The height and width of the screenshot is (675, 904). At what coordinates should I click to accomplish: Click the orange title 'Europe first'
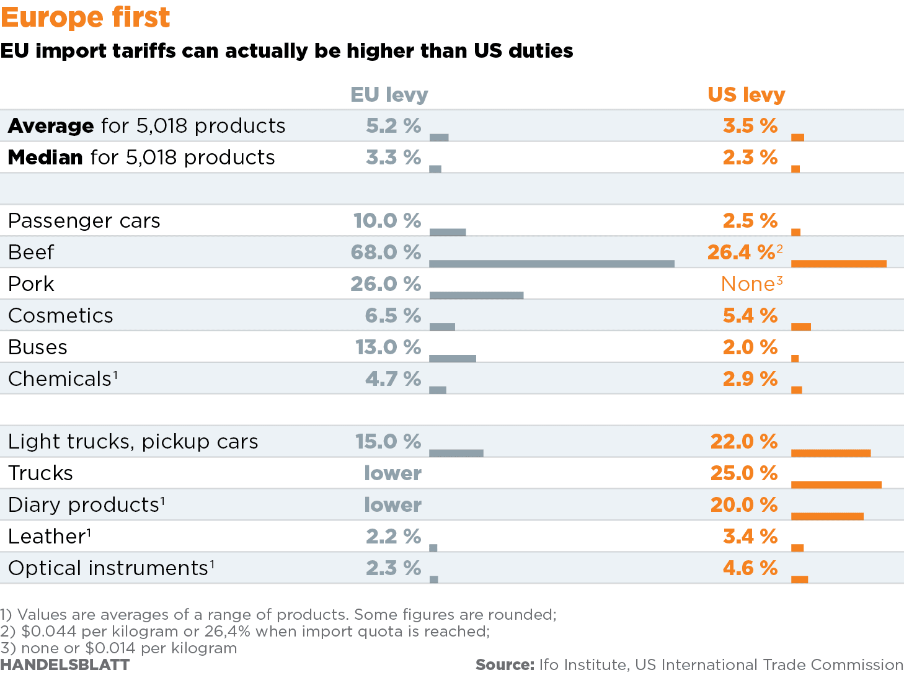click(x=86, y=17)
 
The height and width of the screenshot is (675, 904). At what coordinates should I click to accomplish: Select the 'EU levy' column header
click(x=389, y=95)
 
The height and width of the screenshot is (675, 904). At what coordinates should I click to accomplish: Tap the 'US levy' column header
click(x=746, y=95)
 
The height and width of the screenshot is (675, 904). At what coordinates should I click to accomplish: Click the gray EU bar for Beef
click(x=551, y=264)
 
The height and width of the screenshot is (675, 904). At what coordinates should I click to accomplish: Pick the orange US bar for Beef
click(x=838, y=264)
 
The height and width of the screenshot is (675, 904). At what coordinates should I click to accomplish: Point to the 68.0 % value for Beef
click(x=385, y=253)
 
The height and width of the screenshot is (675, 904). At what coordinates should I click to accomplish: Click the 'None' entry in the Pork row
click(x=748, y=284)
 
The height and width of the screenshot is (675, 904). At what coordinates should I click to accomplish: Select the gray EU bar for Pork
click(x=476, y=295)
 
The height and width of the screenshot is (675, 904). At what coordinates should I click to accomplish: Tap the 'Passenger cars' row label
click(x=84, y=221)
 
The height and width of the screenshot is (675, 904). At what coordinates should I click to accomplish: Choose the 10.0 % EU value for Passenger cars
click(x=387, y=221)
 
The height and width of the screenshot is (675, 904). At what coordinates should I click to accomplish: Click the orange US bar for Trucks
click(x=836, y=485)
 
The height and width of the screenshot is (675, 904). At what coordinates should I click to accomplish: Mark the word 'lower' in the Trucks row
click(x=392, y=473)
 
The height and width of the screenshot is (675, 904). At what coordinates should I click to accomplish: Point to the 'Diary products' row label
click(x=84, y=505)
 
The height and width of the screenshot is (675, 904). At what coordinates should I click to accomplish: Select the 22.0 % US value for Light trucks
click(x=743, y=442)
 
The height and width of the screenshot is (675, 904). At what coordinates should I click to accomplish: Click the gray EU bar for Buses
click(x=453, y=359)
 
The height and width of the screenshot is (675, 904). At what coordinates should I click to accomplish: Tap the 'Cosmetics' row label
click(x=61, y=316)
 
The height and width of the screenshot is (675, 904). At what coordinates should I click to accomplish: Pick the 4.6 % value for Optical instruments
click(x=750, y=568)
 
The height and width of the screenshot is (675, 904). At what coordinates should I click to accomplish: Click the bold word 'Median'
click(x=45, y=158)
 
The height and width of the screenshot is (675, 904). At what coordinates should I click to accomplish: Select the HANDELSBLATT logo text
click(x=65, y=665)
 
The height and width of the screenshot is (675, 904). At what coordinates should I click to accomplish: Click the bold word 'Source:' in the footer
click(x=505, y=665)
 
